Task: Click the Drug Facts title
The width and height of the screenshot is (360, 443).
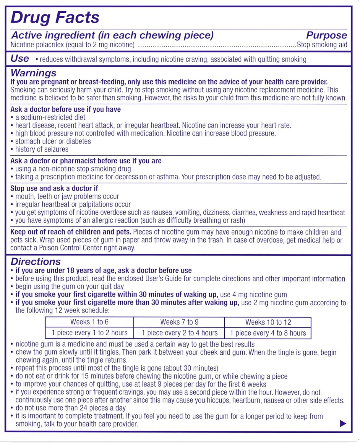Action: tap(55, 17)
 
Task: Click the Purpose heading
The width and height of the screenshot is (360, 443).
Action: tap(326, 35)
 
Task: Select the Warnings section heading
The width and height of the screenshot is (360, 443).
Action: tap(33, 73)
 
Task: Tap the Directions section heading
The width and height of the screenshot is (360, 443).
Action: tap(35, 261)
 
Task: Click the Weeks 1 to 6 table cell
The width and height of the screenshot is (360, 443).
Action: tap(89, 322)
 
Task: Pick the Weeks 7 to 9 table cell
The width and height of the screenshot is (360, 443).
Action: tap(179, 322)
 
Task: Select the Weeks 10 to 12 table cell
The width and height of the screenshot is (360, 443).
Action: tap(268, 322)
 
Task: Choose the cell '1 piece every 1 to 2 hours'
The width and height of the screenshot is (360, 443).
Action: tap(89, 333)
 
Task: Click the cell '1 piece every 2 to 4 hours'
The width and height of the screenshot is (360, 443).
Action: tap(179, 333)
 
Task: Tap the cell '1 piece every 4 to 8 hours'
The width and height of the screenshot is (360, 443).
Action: tap(268, 333)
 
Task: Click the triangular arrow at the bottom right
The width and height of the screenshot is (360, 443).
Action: tap(343, 424)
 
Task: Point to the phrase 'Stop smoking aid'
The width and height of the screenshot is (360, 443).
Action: tap(322, 45)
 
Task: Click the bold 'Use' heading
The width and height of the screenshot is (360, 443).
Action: tap(20, 58)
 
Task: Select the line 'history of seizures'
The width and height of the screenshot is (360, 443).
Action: tap(42, 149)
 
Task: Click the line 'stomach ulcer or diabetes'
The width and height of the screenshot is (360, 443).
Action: tap(53, 141)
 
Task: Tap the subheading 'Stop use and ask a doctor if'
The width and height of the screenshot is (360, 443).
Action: tap(54, 188)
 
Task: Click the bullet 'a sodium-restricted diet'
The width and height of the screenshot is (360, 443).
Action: tap(50, 117)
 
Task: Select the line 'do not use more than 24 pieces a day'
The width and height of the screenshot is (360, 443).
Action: tap(70, 408)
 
